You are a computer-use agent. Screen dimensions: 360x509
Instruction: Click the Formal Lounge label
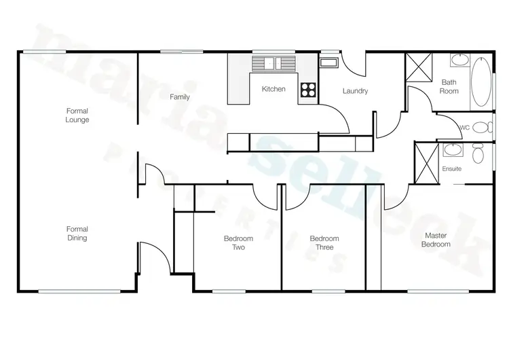tap(77, 115)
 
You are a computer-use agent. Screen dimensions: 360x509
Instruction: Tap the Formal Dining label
tap(77, 234)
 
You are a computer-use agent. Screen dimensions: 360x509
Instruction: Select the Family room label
tap(180, 97)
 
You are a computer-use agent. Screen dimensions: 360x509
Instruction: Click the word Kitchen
tap(274, 89)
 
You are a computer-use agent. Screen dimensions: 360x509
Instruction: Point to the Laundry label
tap(355, 91)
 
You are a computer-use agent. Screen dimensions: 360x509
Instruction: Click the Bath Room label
tap(449, 86)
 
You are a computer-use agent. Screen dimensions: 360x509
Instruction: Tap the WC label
tap(466, 127)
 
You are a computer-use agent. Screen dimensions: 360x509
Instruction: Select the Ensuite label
tap(452, 168)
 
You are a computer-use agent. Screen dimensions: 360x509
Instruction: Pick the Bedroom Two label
tap(238, 242)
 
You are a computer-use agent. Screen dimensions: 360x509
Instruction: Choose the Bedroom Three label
tap(324, 242)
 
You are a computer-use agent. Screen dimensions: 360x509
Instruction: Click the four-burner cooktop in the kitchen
tap(308, 90)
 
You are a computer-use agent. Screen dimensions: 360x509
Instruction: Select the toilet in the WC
tap(481, 127)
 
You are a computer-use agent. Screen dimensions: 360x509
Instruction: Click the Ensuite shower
tap(426, 163)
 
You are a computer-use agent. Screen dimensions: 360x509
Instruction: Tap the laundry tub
tap(328, 63)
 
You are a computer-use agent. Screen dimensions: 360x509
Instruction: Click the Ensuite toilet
tap(479, 154)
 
